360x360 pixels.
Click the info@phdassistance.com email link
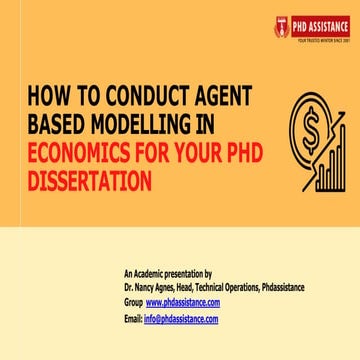coord(182,319)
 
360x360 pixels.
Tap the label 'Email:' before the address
coord(133,319)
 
